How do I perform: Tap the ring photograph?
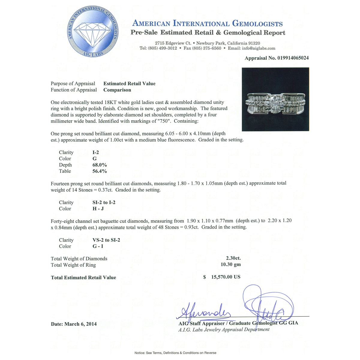(275, 99)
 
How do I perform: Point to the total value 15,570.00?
(226, 277)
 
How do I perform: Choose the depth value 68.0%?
(100, 165)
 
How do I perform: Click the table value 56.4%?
(100, 171)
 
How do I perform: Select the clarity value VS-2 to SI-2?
(106, 240)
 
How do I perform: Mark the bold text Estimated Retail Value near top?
(129, 84)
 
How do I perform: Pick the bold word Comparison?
(117, 90)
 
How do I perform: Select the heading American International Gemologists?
(207, 23)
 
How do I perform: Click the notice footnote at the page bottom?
(175, 353)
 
